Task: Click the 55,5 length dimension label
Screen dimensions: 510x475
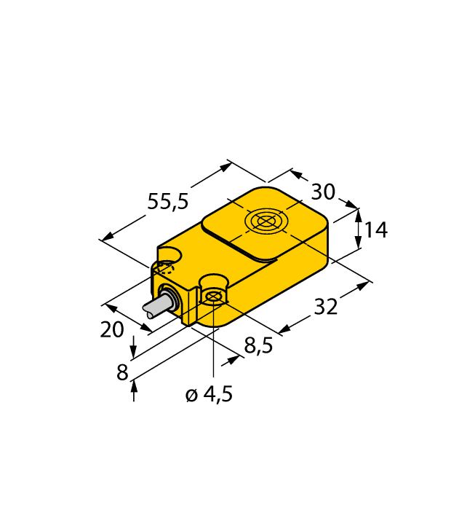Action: point(168,202)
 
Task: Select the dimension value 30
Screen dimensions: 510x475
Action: point(323,192)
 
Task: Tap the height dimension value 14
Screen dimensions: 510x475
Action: point(375,230)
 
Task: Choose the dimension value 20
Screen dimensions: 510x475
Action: point(111,330)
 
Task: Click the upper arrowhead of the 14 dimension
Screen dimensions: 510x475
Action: point(357,213)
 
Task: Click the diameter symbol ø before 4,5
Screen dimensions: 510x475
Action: point(191,396)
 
